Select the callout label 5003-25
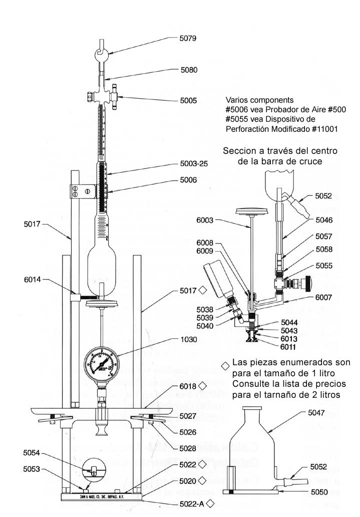tap(194, 164)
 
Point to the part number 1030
tap(190, 340)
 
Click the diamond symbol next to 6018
tap(203, 386)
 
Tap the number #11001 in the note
tap(323, 129)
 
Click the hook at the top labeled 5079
tap(101, 53)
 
